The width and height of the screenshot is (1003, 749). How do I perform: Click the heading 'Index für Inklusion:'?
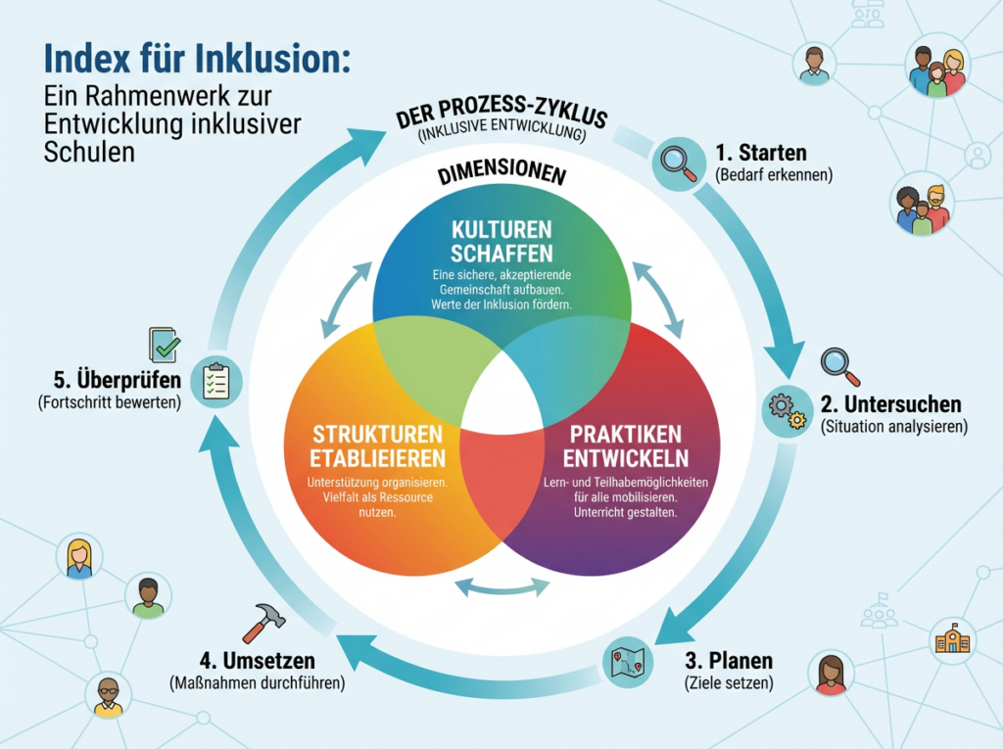(x=196, y=58)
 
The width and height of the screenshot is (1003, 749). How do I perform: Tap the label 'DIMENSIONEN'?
(x=502, y=175)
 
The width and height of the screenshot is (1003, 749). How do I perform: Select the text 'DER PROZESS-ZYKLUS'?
(x=502, y=114)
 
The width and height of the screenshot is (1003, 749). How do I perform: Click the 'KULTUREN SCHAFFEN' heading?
(x=502, y=241)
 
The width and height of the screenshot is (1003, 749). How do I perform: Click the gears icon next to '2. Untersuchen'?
(x=788, y=409)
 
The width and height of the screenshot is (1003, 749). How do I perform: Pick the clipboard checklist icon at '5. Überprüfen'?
(x=215, y=380)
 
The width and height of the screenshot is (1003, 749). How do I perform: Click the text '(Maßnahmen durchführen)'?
(x=257, y=682)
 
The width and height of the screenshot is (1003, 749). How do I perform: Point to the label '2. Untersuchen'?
(x=890, y=403)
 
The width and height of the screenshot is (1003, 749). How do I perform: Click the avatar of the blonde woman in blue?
(x=79, y=558)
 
